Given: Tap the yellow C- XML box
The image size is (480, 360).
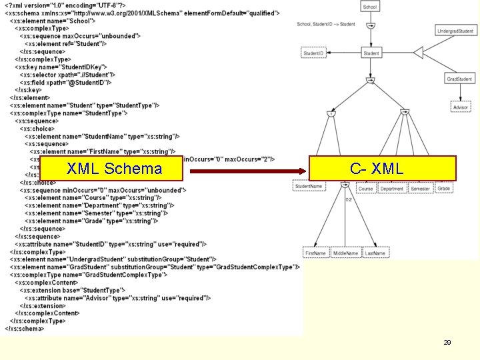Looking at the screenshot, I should point(382,169).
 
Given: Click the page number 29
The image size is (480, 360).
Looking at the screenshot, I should point(447,342).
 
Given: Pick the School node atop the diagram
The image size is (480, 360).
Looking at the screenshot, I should point(370,7).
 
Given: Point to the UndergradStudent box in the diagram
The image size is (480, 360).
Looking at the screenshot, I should point(456,31).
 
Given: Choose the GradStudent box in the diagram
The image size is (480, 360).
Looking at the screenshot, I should point(460,79).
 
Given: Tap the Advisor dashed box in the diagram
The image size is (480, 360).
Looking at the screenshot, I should point(460,107).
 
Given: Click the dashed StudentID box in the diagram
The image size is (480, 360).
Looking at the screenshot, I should point(313,53).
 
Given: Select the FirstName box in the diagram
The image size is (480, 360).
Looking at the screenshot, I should point(316,253).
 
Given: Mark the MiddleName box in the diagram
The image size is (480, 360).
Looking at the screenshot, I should point(346,253).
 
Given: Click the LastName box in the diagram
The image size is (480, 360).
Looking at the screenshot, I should point(375,253).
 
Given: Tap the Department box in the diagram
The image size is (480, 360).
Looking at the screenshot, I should point(391,189).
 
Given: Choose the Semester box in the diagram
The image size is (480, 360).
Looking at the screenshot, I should point(420,189).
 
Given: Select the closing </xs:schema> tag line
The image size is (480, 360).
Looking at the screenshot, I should point(25,328).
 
